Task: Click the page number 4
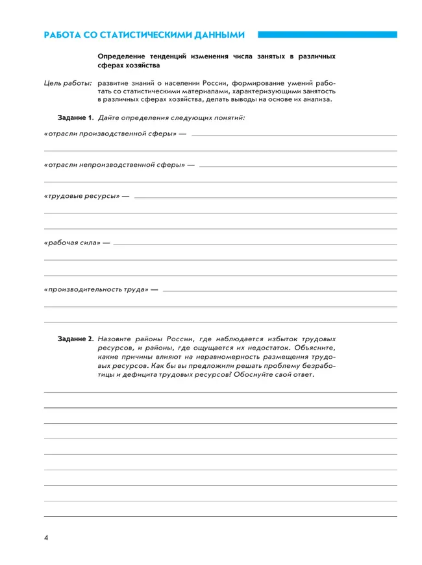click(x=46, y=538)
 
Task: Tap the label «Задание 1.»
click(x=76, y=117)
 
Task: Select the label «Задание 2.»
click(x=76, y=339)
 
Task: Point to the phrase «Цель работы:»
click(x=67, y=83)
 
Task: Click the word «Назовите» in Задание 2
click(x=117, y=339)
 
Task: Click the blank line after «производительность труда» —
click(x=280, y=291)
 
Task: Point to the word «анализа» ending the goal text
click(x=316, y=100)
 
